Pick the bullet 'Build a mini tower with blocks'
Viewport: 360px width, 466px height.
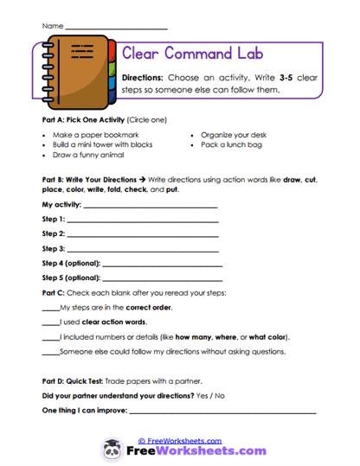click(105, 145)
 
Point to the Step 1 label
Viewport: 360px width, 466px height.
click(54, 220)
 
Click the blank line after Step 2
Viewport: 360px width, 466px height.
click(142, 233)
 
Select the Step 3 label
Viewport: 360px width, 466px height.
click(54, 248)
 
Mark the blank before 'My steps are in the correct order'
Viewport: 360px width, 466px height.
click(50, 308)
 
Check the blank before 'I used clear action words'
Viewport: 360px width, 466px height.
click(50, 322)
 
